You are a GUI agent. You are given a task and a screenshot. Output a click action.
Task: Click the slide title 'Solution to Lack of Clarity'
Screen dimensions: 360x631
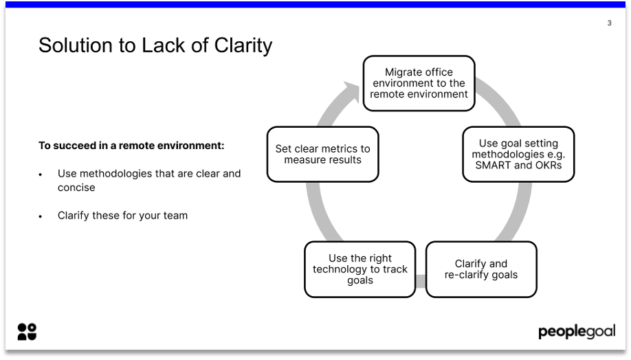[x=155, y=45]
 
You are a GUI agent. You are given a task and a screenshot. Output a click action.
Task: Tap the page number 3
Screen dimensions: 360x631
[x=609, y=23]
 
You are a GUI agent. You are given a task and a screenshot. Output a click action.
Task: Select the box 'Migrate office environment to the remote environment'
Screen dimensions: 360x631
[x=419, y=83]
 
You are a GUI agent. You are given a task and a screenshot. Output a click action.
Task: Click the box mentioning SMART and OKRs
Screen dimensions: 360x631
[x=518, y=154]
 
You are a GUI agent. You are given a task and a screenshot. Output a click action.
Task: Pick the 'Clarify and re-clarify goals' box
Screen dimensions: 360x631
[x=481, y=269]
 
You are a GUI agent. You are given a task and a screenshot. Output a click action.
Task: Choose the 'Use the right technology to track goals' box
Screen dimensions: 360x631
[x=359, y=269]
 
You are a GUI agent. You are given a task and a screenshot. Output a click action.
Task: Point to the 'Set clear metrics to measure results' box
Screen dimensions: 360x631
[x=322, y=154]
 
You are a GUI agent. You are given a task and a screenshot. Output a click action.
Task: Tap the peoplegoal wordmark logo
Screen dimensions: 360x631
[x=576, y=332]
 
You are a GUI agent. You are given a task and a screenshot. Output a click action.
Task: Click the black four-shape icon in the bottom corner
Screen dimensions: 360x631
[x=27, y=331]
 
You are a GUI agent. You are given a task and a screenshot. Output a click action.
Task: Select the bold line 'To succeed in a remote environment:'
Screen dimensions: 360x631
[x=131, y=146]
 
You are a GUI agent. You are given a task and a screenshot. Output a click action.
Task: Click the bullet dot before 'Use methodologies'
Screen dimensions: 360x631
[x=41, y=175]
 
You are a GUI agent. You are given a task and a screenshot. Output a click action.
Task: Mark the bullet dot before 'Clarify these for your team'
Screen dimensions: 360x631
[x=41, y=216]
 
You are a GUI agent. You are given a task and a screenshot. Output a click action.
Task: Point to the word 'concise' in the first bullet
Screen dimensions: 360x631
[x=76, y=187]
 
